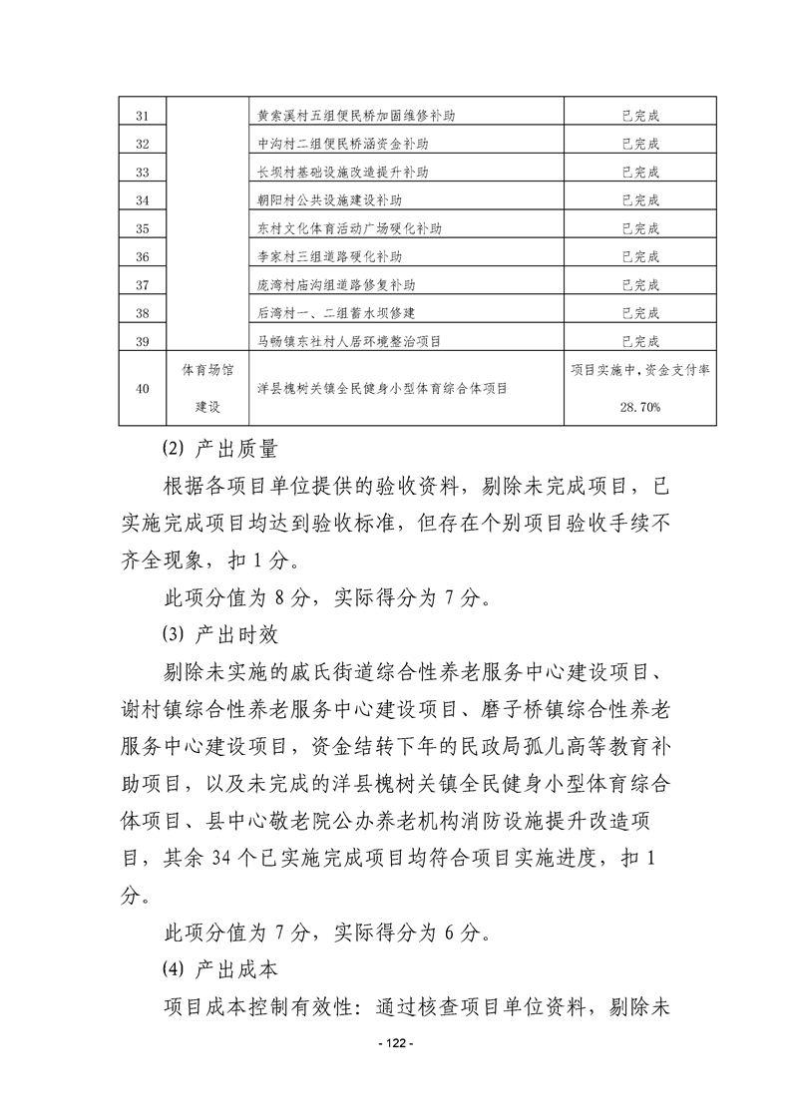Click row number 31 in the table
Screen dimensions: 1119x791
(x=141, y=116)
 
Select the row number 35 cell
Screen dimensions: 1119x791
(x=141, y=228)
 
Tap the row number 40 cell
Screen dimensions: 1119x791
(x=141, y=389)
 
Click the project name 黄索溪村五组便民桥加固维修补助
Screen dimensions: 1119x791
(x=356, y=116)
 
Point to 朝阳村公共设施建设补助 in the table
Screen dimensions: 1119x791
(x=335, y=199)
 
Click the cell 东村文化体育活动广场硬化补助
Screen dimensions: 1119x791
(x=349, y=228)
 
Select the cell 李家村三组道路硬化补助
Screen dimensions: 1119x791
(x=335, y=256)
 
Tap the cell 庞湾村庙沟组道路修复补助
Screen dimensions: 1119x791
(x=342, y=284)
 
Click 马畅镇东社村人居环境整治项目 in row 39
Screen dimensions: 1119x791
(x=349, y=341)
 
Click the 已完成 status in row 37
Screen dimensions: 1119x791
(x=640, y=284)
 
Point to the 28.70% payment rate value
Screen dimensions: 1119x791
(x=640, y=407)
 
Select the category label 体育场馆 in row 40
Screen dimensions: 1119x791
(x=207, y=370)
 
